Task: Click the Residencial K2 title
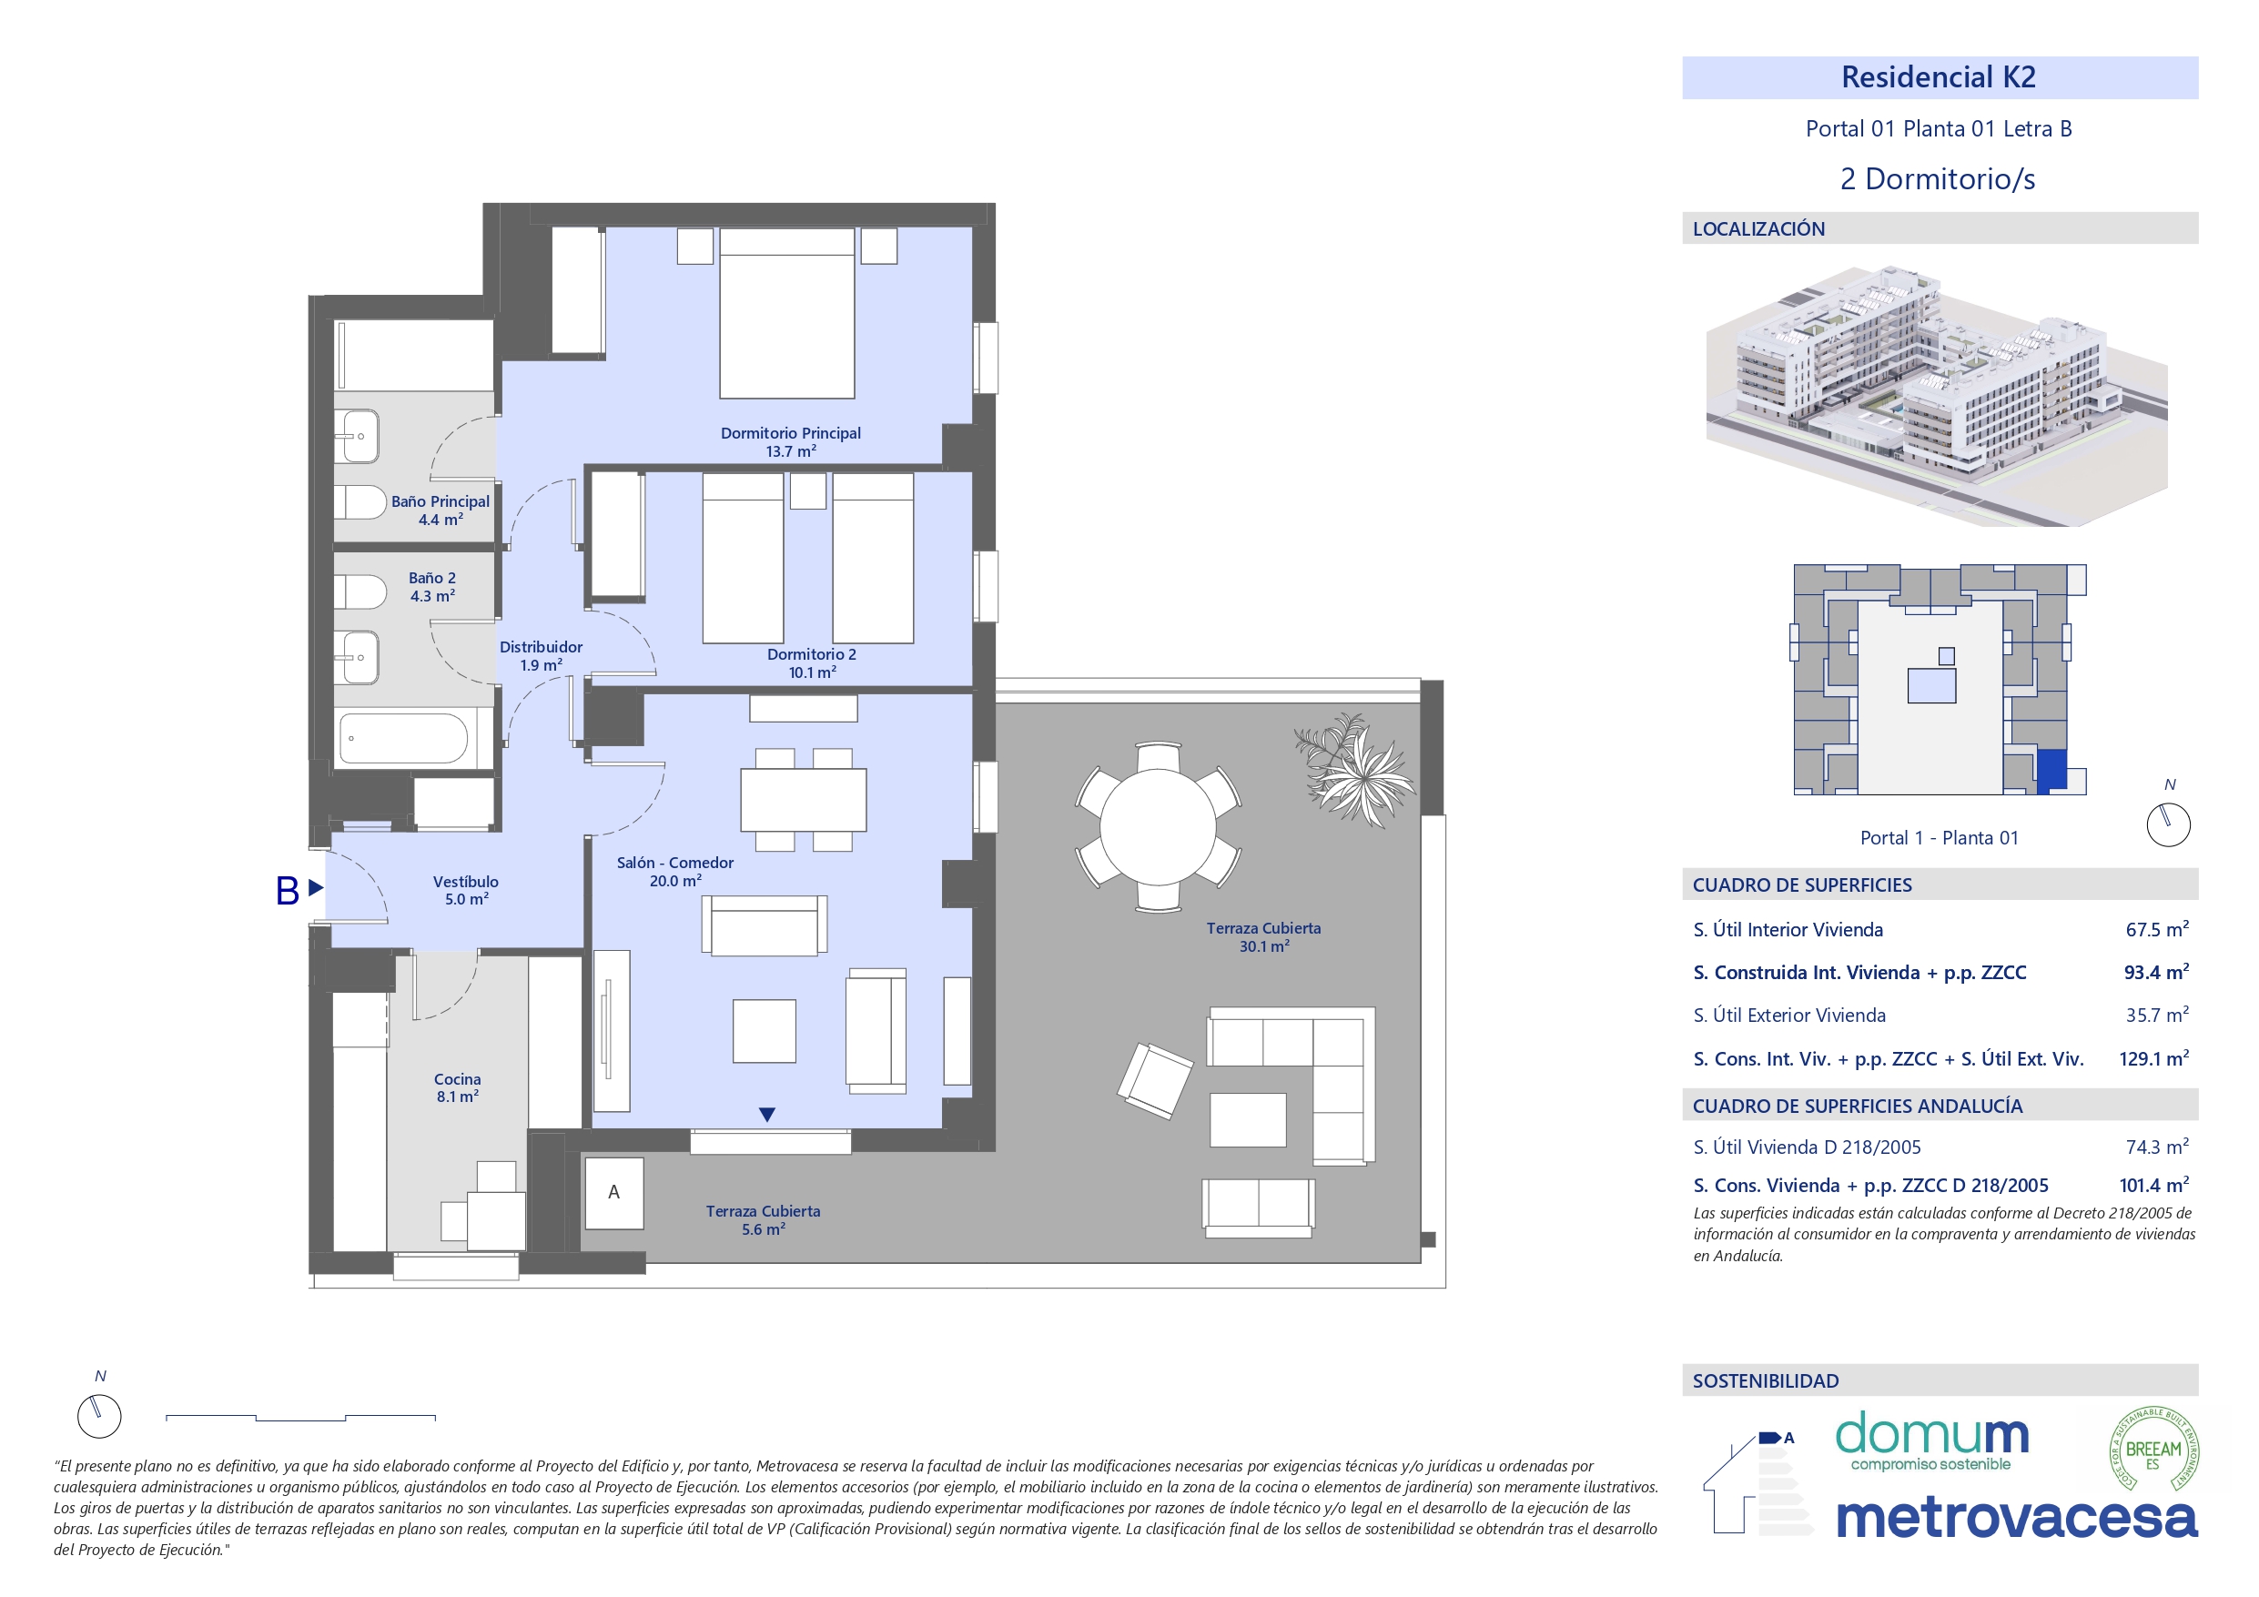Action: click(x=1938, y=77)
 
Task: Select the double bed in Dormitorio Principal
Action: click(x=786, y=313)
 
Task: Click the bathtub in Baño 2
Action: click(x=403, y=738)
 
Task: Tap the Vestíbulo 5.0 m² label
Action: click(x=465, y=890)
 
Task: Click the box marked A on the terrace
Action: click(x=614, y=1193)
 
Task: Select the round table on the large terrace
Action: click(x=1158, y=826)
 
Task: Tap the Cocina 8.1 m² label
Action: click(x=458, y=1087)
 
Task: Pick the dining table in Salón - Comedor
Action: click(x=803, y=800)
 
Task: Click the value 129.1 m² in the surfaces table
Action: click(x=2153, y=1059)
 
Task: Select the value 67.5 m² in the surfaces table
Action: click(x=2155, y=930)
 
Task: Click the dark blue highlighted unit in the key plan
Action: click(x=2051, y=770)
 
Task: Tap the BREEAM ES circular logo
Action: click(x=2153, y=1449)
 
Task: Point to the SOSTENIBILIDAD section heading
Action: click(x=1765, y=1380)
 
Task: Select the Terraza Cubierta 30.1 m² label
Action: click(x=1263, y=936)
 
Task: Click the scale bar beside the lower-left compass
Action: click(x=300, y=1418)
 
